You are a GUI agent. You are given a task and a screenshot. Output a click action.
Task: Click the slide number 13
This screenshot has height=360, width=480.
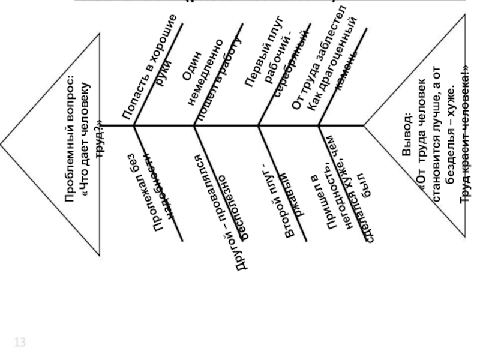point(20,343)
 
